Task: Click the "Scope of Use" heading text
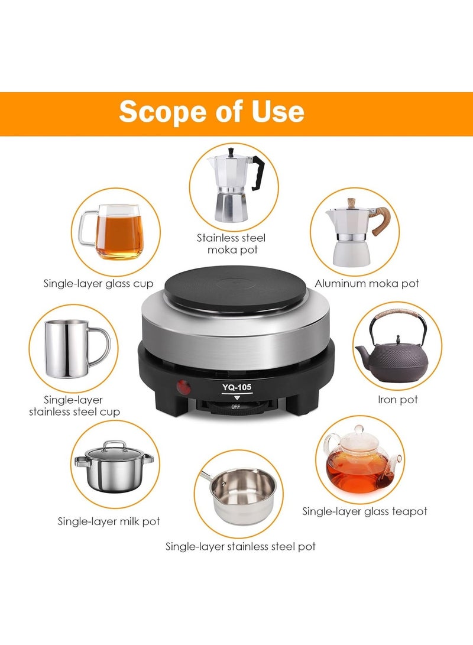click(x=212, y=112)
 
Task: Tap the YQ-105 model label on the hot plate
click(x=237, y=387)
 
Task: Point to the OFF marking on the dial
click(x=235, y=407)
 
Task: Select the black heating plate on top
click(x=236, y=288)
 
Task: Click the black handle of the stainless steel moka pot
click(x=258, y=173)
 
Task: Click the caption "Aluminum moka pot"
click(x=367, y=283)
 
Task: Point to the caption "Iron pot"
click(x=398, y=400)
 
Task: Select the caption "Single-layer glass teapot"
click(x=365, y=511)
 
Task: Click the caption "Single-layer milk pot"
click(x=109, y=521)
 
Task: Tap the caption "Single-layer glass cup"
click(x=98, y=283)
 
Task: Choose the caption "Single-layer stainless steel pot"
click(x=241, y=547)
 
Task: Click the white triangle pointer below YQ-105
click(x=237, y=398)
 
